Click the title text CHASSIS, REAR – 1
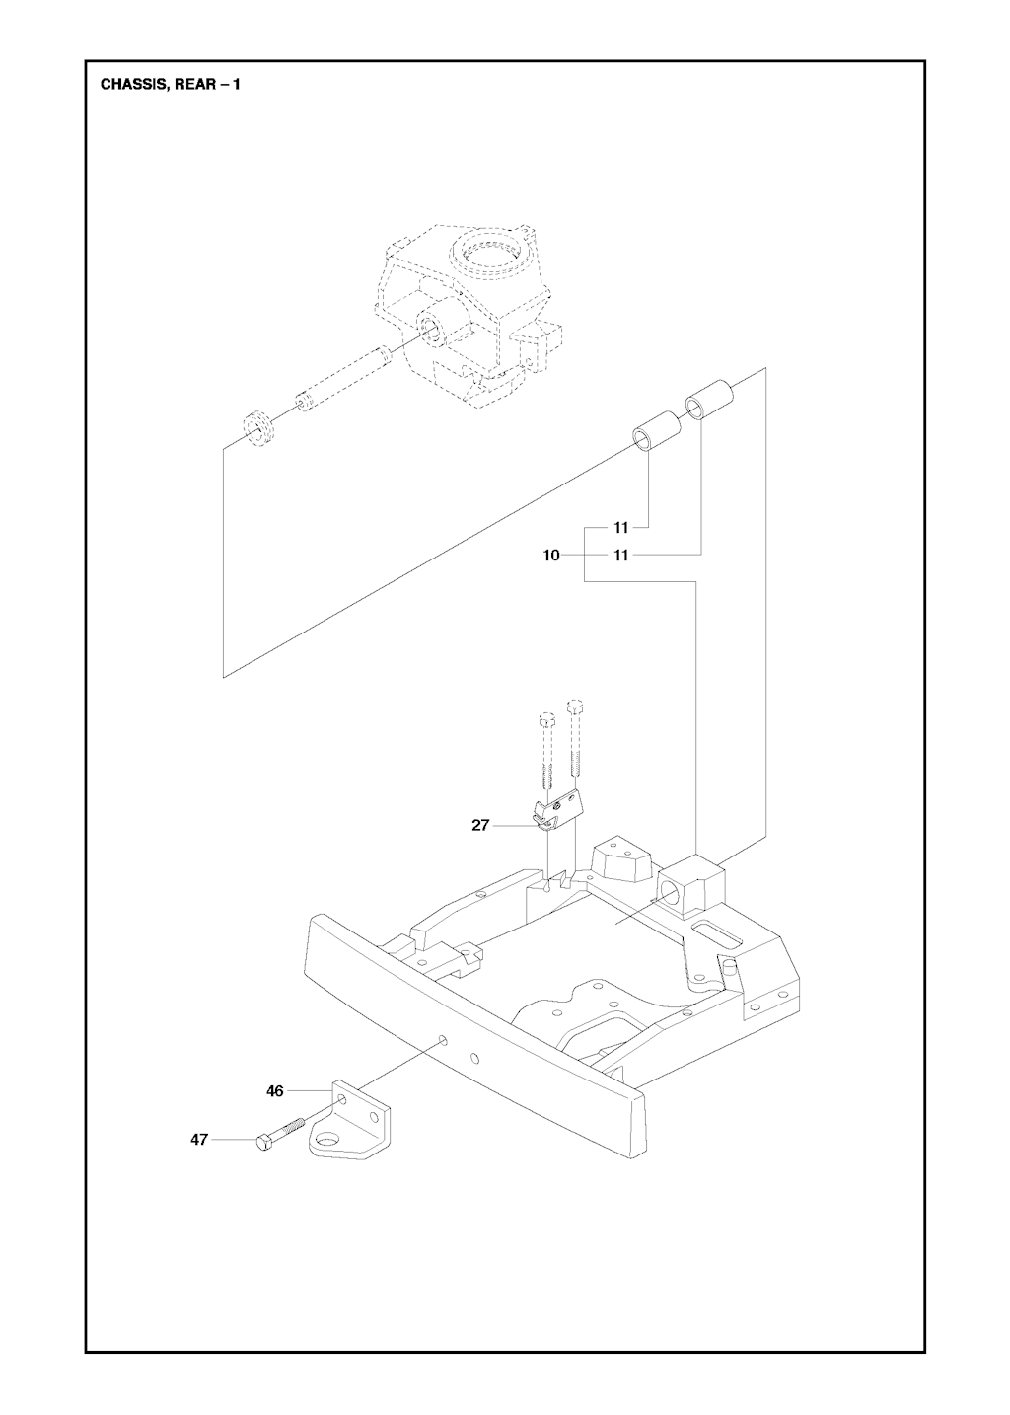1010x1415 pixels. [x=170, y=85]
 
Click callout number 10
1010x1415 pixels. [x=551, y=556]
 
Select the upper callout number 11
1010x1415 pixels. [x=621, y=528]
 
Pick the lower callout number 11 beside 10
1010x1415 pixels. [x=620, y=556]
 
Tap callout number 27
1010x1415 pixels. [x=480, y=825]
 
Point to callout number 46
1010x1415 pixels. [x=275, y=1091]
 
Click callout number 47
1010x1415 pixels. [x=199, y=1140]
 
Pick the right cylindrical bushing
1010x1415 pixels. [x=711, y=400]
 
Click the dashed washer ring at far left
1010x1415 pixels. [x=258, y=425]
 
